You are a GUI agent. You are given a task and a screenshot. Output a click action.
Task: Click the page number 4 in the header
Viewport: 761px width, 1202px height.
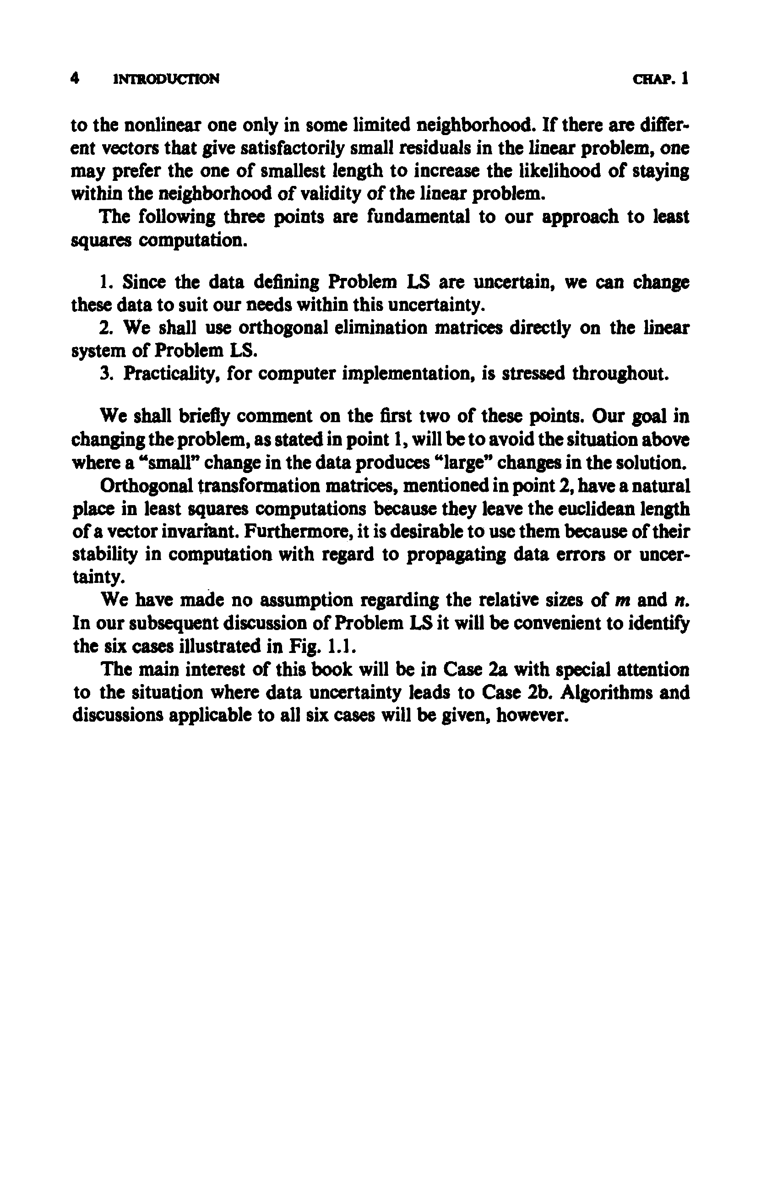point(76,78)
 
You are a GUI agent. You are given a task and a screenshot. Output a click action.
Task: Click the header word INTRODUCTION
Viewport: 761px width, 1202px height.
point(166,79)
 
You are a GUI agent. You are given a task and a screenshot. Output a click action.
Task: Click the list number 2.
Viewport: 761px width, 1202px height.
point(105,328)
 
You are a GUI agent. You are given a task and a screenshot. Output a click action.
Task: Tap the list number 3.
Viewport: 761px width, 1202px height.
point(105,374)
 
